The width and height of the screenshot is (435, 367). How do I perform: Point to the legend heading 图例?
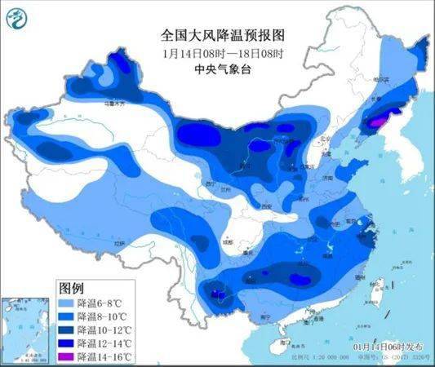[x=72, y=288]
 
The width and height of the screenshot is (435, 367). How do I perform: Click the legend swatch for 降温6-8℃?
[x=64, y=303]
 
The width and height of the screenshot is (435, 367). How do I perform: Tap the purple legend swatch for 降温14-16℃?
[x=64, y=357]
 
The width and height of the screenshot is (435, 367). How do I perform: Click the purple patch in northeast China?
[x=375, y=122]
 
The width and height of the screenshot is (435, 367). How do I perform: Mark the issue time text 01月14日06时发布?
[x=384, y=348]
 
